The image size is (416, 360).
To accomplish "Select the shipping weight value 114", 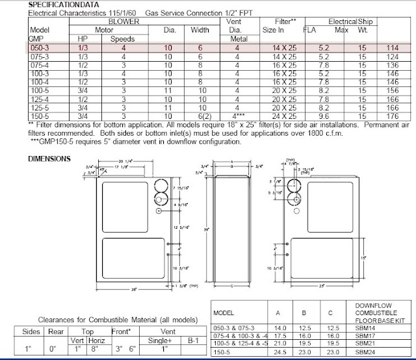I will (392, 48).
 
